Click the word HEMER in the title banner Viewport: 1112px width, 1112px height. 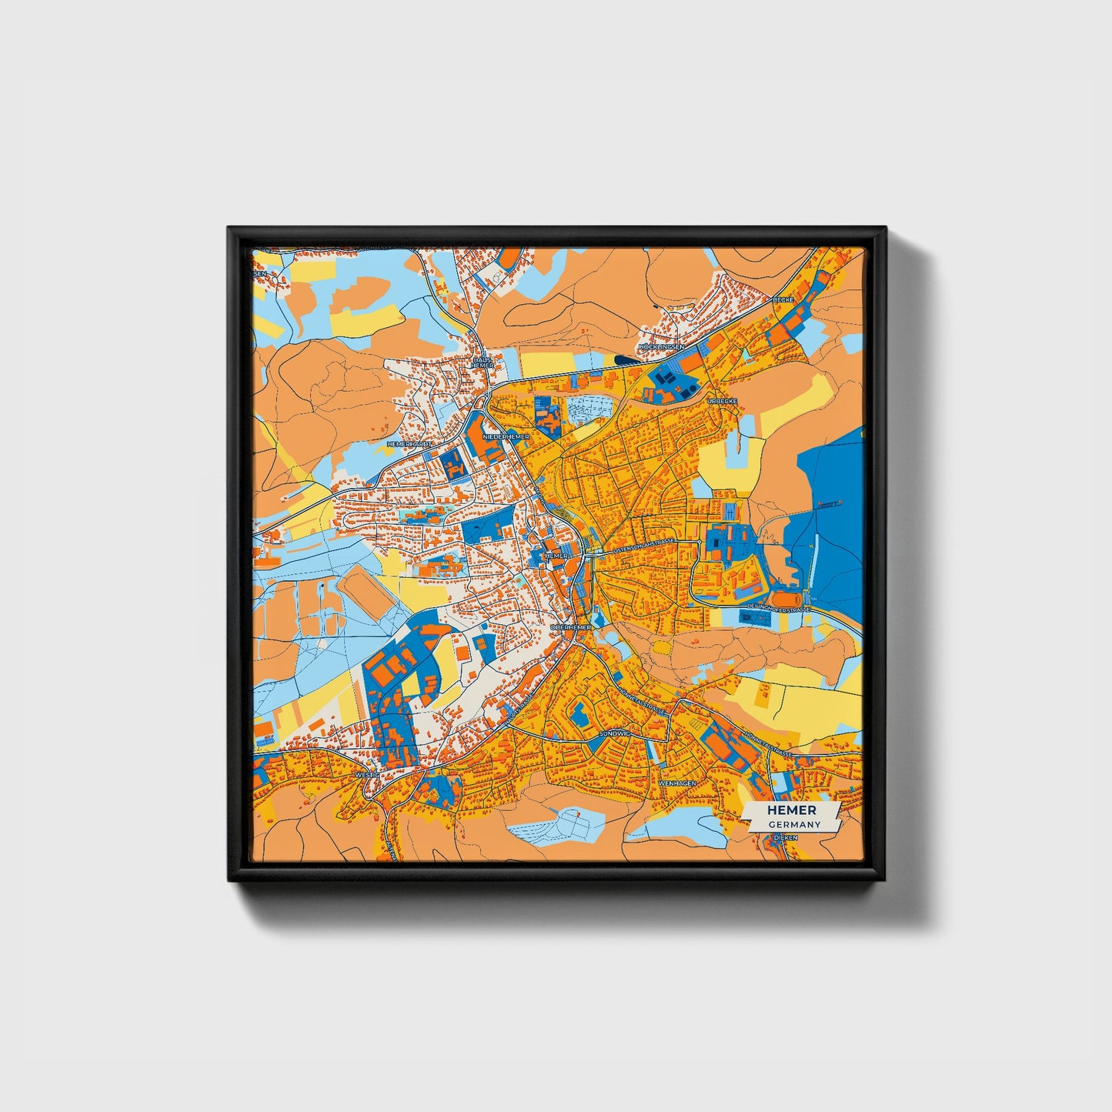(791, 810)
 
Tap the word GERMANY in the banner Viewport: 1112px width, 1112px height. (794, 824)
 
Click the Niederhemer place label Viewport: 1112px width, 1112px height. (506, 436)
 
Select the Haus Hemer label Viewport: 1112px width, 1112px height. (483, 362)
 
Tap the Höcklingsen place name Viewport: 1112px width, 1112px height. (661, 347)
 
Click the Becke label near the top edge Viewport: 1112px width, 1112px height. (783, 299)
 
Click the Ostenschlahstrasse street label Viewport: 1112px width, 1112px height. (643, 543)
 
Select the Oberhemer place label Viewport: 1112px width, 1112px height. (570, 627)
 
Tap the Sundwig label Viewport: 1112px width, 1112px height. (614, 734)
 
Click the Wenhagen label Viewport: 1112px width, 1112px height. (677, 783)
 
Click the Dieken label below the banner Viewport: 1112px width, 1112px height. (784, 836)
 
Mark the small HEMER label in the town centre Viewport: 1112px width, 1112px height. (556, 555)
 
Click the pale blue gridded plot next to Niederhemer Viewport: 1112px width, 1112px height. (590, 408)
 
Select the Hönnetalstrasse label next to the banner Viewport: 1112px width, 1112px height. (767, 744)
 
